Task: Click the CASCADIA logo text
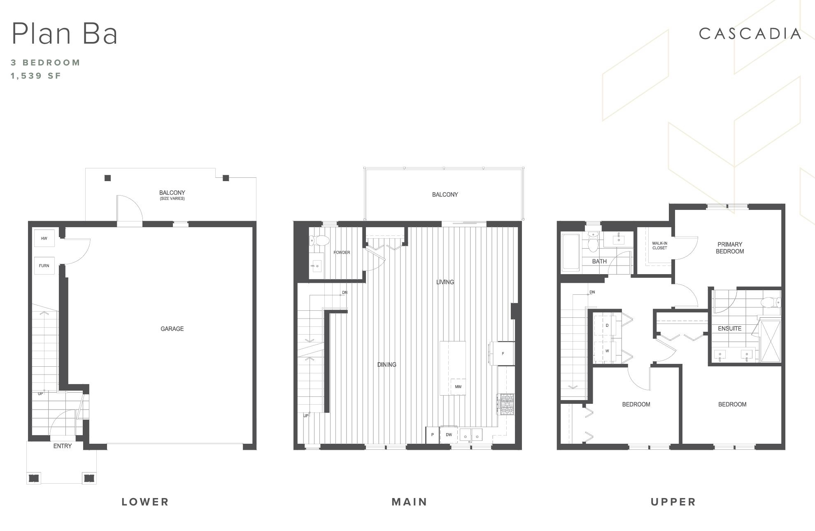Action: pos(750,34)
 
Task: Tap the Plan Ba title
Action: pos(65,33)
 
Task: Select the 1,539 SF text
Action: pos(36,76)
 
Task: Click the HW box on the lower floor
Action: pos(44,238)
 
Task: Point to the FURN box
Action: pos(44,266)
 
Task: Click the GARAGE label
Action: pos(172,328)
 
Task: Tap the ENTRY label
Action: pos(63,446)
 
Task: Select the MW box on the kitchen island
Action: pos(458,387)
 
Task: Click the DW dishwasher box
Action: pos(449,435)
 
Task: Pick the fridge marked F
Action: pos(502,353)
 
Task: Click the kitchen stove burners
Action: pos(506,404)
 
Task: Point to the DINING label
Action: pos(387,365)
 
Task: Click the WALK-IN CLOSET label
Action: pos(659,246)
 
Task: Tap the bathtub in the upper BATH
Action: pos(571,252)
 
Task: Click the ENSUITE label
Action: pos(729,328)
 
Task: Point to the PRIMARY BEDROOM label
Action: pos(730,248)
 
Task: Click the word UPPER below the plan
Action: pos(673,502)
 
